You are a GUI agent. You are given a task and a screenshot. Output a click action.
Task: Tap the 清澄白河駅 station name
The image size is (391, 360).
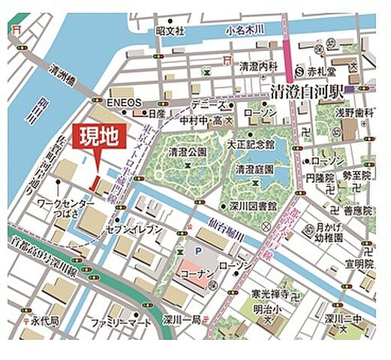307,91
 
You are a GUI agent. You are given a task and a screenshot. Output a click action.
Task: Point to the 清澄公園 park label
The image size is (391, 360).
187,151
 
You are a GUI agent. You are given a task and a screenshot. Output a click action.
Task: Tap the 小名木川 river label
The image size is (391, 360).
245,30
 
